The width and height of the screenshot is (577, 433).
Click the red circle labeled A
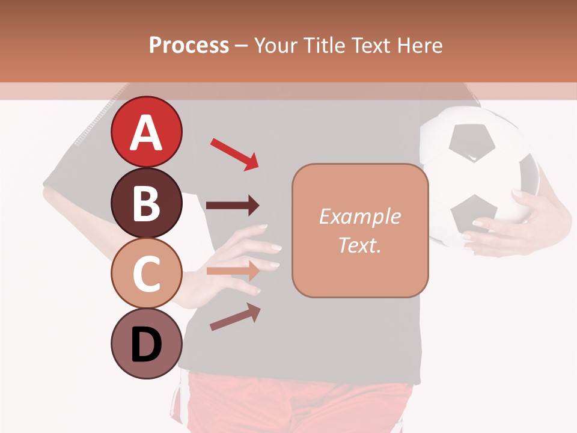coord(146,132)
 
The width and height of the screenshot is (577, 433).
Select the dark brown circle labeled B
coord(146,203)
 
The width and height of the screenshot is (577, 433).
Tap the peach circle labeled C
coord(146,273)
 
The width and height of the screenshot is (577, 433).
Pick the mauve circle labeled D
coord(146,343)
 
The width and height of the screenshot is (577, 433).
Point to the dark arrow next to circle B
coord(233,206)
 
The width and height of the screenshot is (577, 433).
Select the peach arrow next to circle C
coord(233,271)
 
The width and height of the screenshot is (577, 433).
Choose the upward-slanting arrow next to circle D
coord(235,317)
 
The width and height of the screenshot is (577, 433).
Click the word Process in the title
coord(189,45)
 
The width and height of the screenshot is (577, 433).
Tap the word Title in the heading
coord(323,45)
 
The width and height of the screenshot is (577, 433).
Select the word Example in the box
coord(360,216)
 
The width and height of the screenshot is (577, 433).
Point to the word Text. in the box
coord(360,245)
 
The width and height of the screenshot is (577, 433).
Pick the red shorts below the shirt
coord(301,403)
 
